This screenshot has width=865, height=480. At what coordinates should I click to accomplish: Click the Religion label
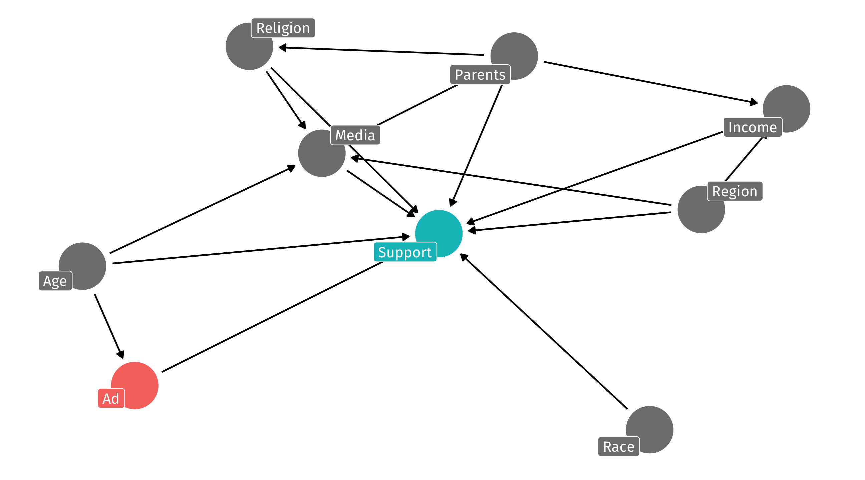pos(283,28)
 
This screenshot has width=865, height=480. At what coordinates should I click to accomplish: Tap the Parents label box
pos(480,74)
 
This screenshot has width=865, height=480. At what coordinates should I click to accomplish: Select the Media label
pos(355,135)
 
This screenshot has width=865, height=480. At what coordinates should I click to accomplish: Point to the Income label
pos(753,127)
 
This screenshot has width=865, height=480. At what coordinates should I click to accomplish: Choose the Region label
pos(735,191)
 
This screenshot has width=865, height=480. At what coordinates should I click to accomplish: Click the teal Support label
pos(404,252)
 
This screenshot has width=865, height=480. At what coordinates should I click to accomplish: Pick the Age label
pos(55,281)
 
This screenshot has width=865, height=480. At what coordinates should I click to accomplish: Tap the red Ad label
pos(111,398)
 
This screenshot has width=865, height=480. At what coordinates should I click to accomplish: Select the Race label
pos(618,446)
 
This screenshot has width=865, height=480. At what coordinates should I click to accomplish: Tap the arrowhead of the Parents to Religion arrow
pos(282,48)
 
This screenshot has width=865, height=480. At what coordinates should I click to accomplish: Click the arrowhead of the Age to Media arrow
pos(291,167)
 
